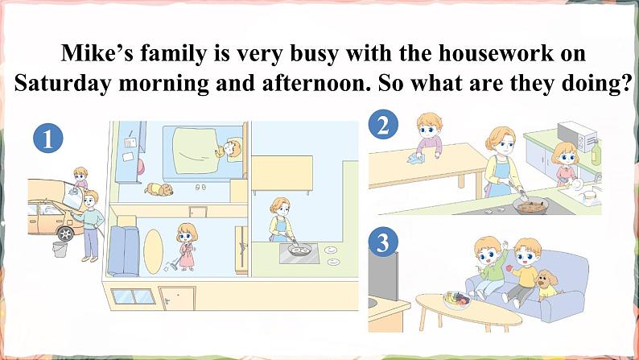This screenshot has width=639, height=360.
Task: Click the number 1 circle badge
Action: (x=49, y=140)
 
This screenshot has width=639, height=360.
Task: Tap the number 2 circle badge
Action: (x=383, y=125)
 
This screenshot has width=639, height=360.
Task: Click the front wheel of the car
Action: (x=65, y=233)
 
